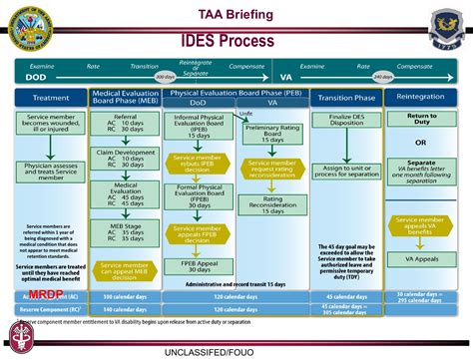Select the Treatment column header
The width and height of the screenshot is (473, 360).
pyautogui.click(x=51, y=98)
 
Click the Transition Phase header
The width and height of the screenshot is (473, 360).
pyautogui.click(x=345, y=98)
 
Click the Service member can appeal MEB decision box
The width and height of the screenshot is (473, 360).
pyautogui.click(x=125, y=269)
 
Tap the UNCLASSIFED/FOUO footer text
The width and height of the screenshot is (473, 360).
pyautogui.click(x=236, y=352)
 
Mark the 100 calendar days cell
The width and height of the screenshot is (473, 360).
pyautogui.click(x=125, y=297)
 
